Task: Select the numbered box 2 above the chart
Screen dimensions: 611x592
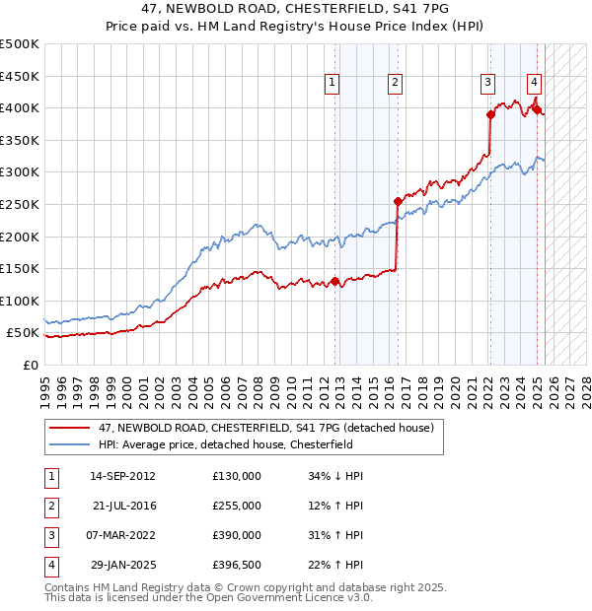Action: tap(395, 84)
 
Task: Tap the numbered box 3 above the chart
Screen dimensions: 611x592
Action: tap(487, 84)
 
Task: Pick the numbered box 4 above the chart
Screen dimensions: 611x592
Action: tap(533, 84)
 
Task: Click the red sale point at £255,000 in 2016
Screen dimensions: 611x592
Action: tap(398, 201)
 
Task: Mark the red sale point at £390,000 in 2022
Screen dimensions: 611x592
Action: tap(490, 114)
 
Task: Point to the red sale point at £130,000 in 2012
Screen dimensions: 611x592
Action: tap(335, 281)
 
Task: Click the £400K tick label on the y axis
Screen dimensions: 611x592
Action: tap(21, 107)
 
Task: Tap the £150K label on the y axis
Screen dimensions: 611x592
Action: tap(21, 268)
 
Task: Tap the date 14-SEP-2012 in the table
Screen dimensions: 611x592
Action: tap(122, 476)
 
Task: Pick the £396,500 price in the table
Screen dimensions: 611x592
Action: tap(237, 565)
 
